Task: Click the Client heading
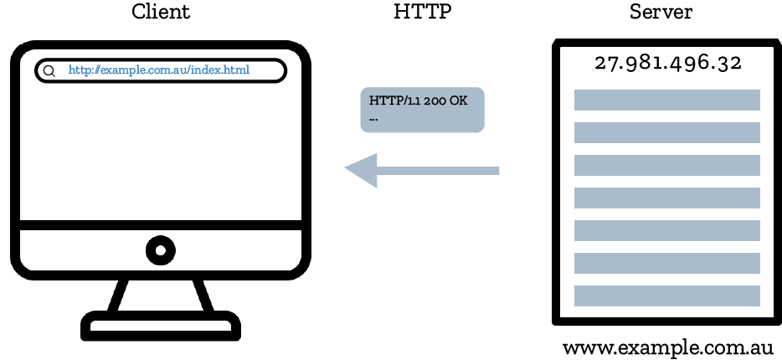[161, 13]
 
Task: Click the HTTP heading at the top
[422, 13]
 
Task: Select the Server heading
[661, 13]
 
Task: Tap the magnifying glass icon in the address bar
[49, 71]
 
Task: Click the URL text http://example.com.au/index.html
[159, 70]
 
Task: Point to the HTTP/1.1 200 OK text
[418, 100]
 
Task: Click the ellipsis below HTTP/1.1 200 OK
[373, 118]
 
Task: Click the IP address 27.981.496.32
[667, 64]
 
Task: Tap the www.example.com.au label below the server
[667, 347]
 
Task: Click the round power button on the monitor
[160, 249]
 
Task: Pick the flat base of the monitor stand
[160, 326]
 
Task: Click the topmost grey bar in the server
[666, 100]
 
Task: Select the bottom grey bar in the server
[666, 296]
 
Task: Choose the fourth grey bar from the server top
[666, 198]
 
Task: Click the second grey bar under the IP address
[666, 132]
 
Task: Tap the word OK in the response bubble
[458, 100]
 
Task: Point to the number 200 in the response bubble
[435, 100]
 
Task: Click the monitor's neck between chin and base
[160, 294]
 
